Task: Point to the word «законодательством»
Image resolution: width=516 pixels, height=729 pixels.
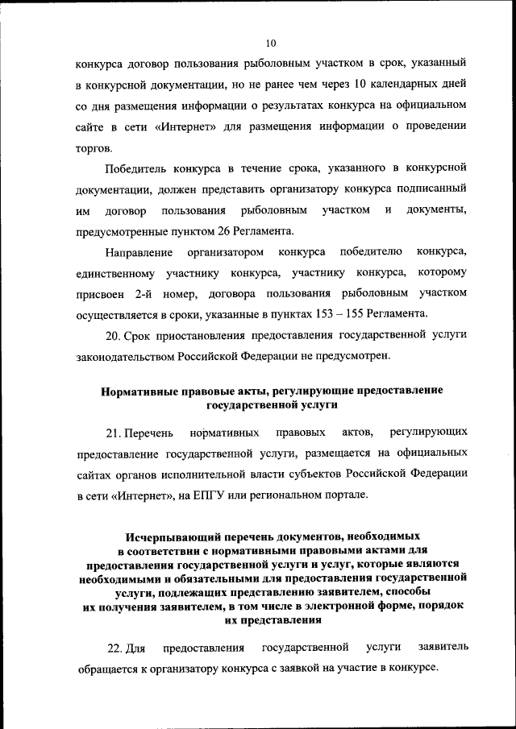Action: [x=128, y=355]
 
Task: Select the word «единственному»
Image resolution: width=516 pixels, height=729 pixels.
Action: [x=118, y=273]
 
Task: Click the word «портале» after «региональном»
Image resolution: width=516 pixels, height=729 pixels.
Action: [x=343, y=494]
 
